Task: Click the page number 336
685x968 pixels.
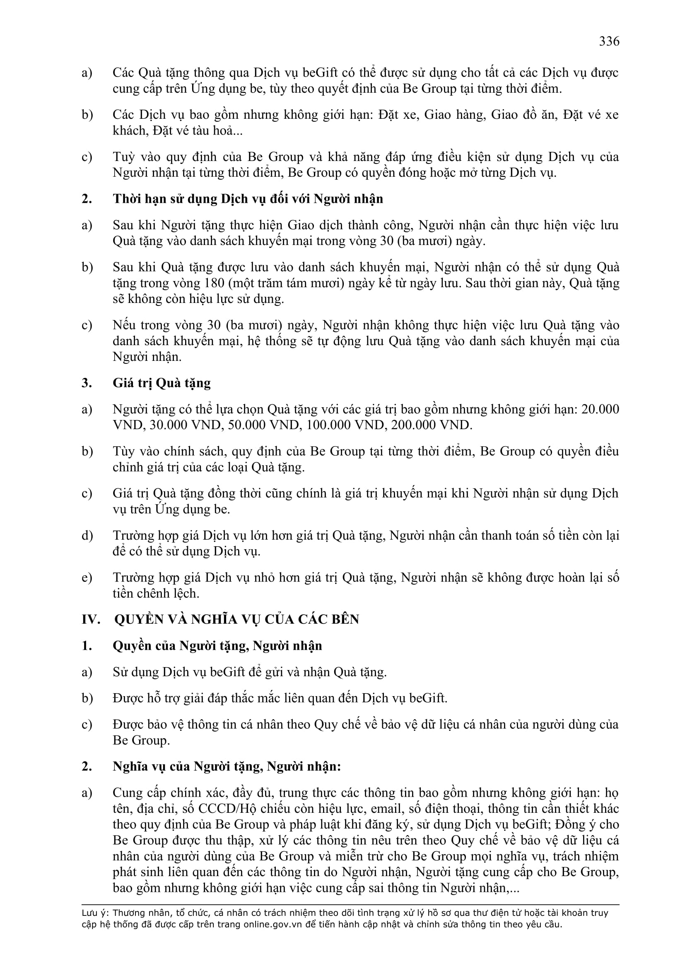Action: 609,41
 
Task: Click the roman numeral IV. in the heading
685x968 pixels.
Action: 91,620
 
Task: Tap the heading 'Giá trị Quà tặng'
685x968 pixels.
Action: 162,383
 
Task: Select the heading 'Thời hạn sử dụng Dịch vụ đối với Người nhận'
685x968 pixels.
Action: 248,199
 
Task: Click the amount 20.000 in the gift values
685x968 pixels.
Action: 600,409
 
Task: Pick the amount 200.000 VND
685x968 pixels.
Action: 430,425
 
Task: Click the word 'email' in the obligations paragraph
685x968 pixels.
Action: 390,809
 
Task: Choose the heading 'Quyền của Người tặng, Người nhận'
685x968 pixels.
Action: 217,646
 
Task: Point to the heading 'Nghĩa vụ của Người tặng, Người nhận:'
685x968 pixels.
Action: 227,766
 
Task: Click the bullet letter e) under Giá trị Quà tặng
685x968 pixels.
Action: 87,578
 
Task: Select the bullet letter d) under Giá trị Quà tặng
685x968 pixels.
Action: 87,536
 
